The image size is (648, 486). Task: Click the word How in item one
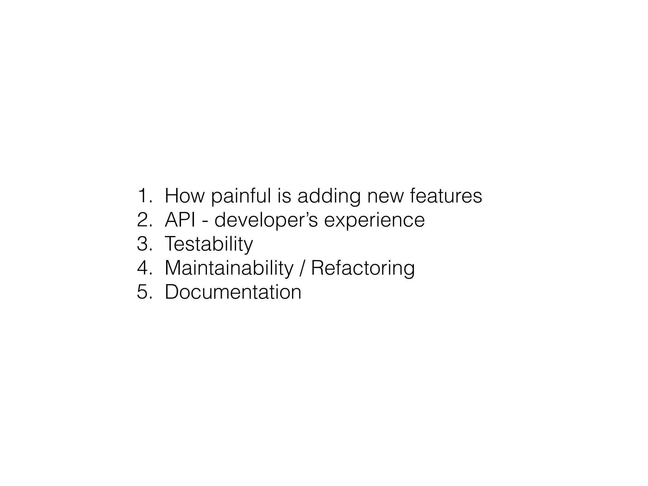[x=184, y=196]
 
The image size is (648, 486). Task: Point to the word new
[x=385, y=196]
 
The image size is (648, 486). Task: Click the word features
[x=446, y=196]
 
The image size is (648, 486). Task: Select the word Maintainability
[x=229, y=269]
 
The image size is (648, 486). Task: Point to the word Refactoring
[x=363, y=269]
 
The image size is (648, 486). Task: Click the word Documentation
[x=233, y=292]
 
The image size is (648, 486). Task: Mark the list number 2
[x=144, y=220]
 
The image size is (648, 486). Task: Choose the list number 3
[x=144, y=244]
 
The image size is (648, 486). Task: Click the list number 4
[x=144, y=268]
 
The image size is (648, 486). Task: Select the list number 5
[x=144, y=292]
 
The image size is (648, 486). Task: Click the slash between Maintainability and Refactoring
[x=302, y=269]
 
